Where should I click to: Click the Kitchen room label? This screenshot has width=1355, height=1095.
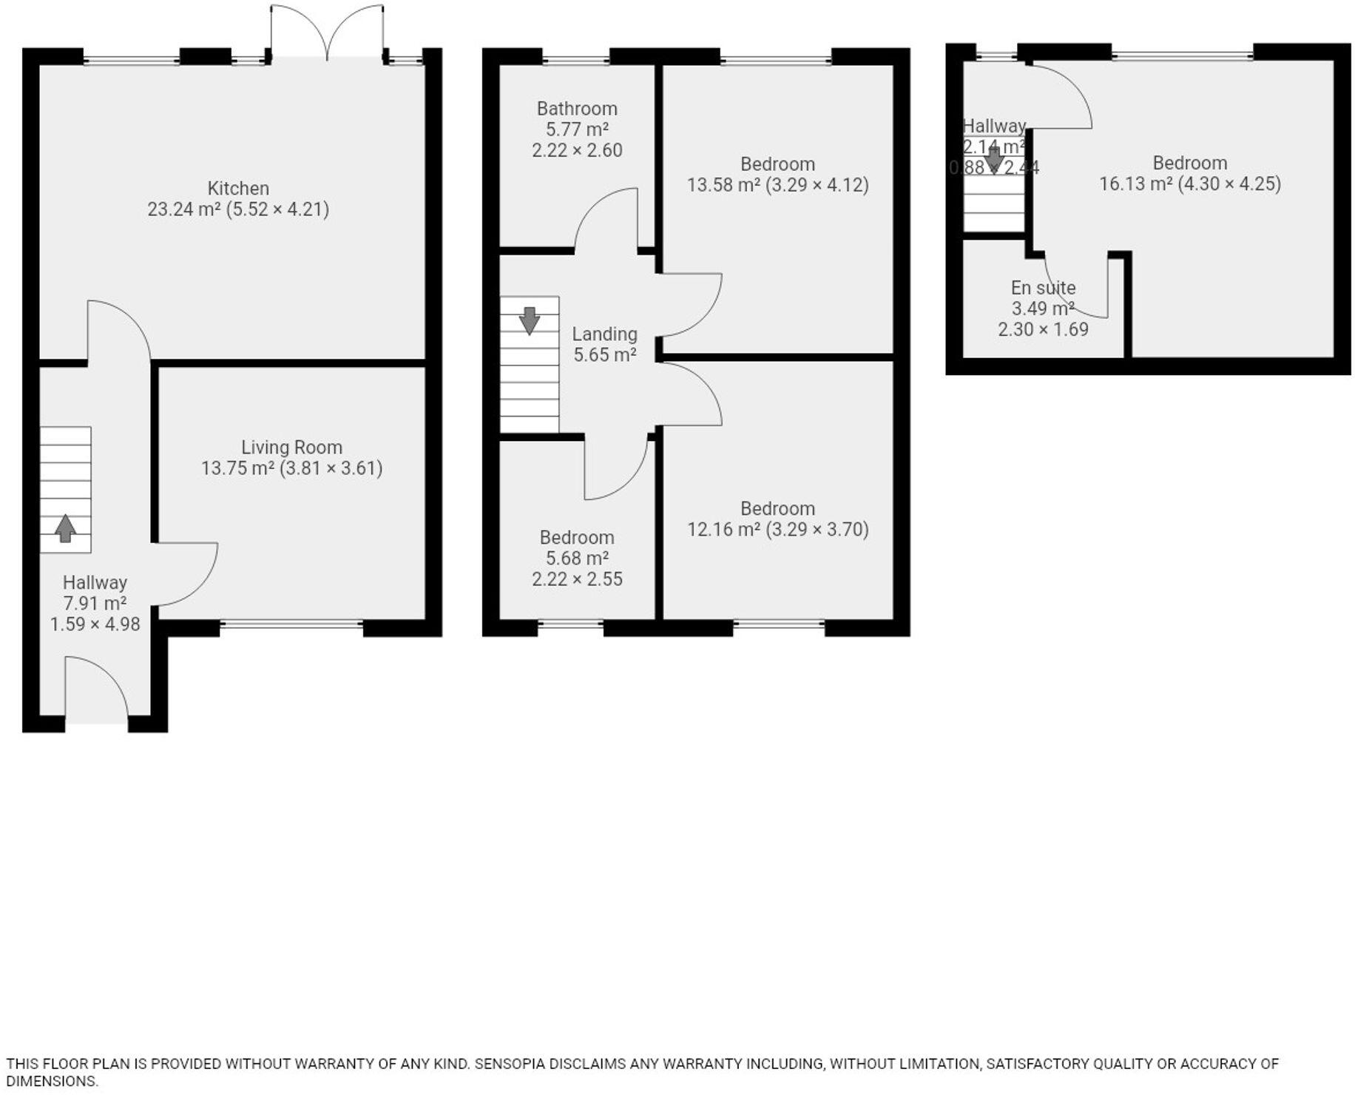pyautogui.click(x=238, y=188)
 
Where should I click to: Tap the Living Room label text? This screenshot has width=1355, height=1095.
pyautogui.click(x=291, y=447)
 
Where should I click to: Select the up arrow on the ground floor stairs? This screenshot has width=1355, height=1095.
pyautogui.click(x=65, y=528)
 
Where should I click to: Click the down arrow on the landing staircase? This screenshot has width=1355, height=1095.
pyautogui.click(x=530, y=320)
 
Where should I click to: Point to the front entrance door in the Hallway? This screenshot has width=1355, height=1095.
pyautogui.click(x=96, y=688)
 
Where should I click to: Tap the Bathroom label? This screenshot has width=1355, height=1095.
pyautogui.click(x=577, y=109)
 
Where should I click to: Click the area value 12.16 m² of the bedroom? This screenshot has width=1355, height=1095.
pyautogui.click(x=723, y=530)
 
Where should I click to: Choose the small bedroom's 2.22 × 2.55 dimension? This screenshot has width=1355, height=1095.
pyautogui.click(x=577, y=579)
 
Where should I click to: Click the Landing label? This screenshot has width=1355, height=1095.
pyautogui.click(x=604, y=334)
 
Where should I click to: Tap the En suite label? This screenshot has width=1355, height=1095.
pyautogui.click(x=1043, y=288)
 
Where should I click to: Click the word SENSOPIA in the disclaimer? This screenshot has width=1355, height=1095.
pyautogui.click(x=509, y=1064)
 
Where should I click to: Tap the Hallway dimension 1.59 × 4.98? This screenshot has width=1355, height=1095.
pyautogui.click(x=95, y=624)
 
